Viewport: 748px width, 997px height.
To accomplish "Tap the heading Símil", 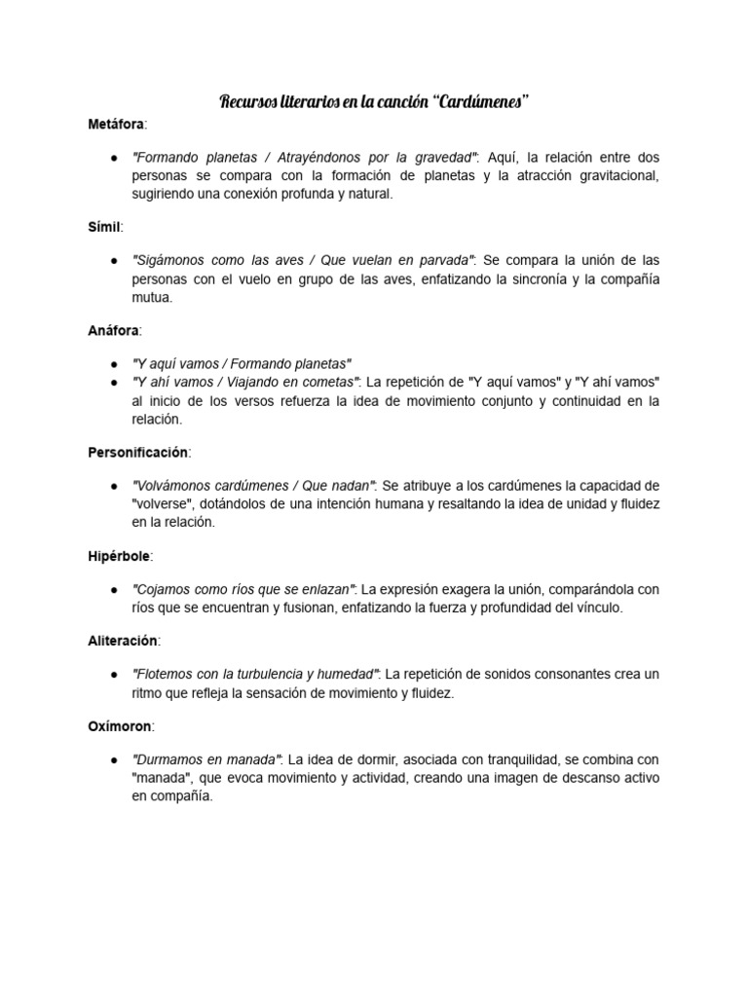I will pyautogui.click(x=104, y=226).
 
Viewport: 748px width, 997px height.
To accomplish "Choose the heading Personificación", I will pyautogui.click(x=138, y=453).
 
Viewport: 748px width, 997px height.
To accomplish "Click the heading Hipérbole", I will pyautogui.click(x=120, y=555).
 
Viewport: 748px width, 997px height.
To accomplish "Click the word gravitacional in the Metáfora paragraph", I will pyautogui.click(x=615, y=175).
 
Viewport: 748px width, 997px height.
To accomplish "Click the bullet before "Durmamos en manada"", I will pyautogui.click(x=115, y=758).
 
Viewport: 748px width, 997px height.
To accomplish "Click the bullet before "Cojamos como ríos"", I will pyautogui.click(x=115, y=588).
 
